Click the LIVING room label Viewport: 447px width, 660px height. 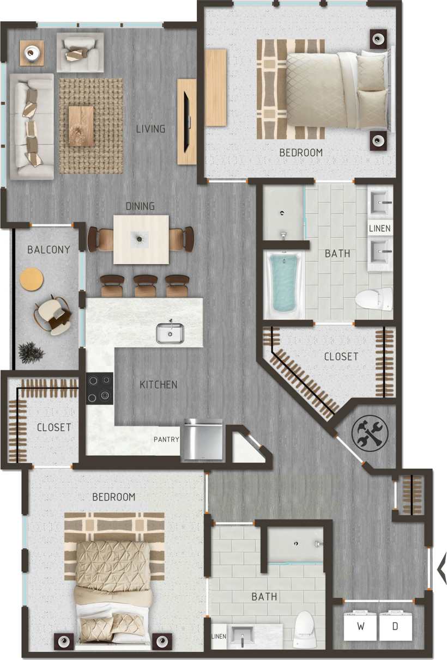pos(150,129)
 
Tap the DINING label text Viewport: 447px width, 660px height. pos(140,206)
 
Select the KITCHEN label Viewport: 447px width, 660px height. pos(159,385)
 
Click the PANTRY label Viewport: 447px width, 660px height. pos(166,439)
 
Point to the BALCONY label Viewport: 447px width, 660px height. pos(49,250)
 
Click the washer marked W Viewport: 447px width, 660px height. pos(360,626)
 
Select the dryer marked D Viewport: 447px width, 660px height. pos(395,626)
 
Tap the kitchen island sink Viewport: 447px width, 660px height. pos(170,332)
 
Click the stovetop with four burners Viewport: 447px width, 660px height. pos(100,388)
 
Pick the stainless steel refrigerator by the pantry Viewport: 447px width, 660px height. pos(203,439)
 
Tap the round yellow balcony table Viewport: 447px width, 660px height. pos(31,279)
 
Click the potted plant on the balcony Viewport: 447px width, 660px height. pos(31,353)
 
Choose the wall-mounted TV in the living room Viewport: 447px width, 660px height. pos(186,121)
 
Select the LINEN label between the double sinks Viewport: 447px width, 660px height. pos(379,228)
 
